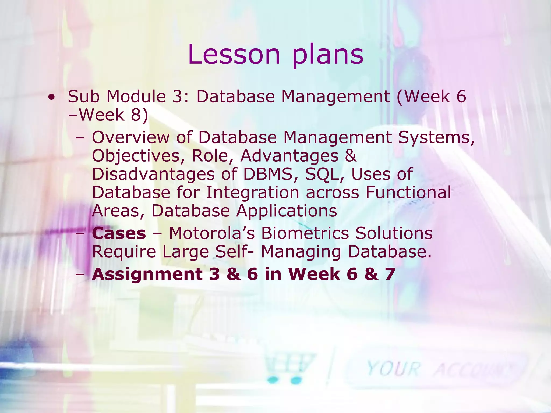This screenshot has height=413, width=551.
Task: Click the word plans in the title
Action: [328, 55]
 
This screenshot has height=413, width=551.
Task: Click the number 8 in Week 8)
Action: [136, 115]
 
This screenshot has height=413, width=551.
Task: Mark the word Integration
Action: [252, 193]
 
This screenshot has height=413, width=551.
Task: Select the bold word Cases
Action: [119, 233]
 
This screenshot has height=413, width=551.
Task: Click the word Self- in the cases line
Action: [234, 252]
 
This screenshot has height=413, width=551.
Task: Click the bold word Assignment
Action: [147, 274]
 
